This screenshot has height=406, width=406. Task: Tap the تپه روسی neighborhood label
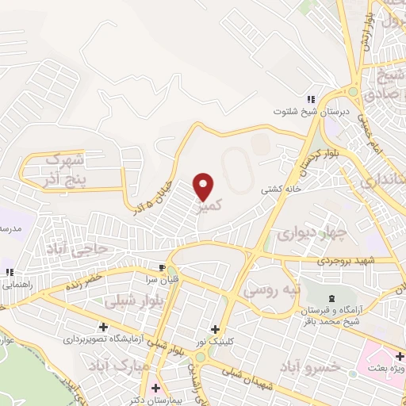tap(271, 289)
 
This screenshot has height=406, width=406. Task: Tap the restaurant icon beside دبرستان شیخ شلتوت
tap(311, 100)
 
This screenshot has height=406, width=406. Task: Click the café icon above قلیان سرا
tap(162, 267)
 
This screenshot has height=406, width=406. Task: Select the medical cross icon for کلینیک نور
tap(214, 329)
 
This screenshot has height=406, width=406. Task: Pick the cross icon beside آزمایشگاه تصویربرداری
tap(103, 327)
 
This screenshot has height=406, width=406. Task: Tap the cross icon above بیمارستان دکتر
tap(155, 388)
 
